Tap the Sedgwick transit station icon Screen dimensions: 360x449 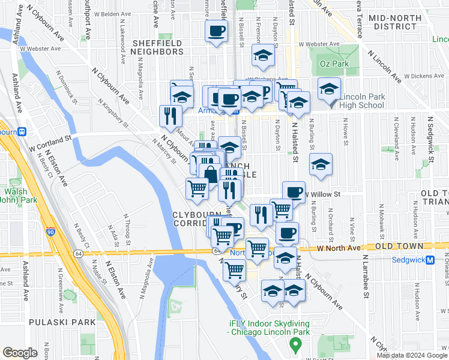(x=430, y=260)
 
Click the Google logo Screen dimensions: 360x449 (x=20, y=353)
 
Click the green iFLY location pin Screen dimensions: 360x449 (x=295, y=345)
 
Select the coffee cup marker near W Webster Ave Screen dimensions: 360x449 (x=217, y=31)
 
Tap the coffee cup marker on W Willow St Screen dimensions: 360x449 (x=294, y=192)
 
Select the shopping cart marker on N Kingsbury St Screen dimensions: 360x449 (x=235, y=270)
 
